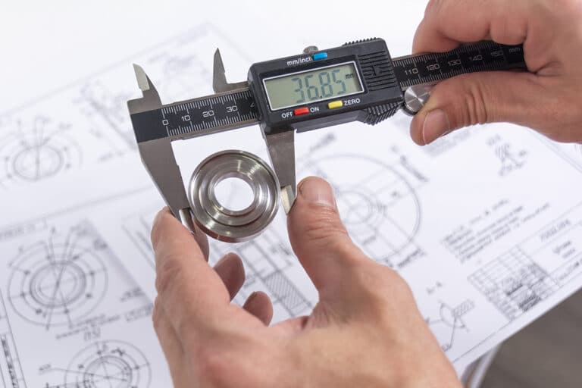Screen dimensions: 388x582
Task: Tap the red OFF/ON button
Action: tap(301, 111)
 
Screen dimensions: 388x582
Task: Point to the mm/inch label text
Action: tap(300, 60)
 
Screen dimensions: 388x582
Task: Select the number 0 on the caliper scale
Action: tap(165, 120)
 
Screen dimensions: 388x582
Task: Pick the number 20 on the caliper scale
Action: tap(208, 113)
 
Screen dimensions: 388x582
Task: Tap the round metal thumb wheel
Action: tap(416, 97)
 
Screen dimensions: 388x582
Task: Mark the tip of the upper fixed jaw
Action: tap(138, 69)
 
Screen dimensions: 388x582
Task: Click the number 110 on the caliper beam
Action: tap(411, 71)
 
